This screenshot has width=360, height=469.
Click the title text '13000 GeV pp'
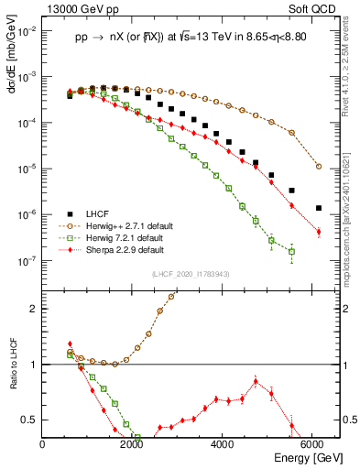[78, 9]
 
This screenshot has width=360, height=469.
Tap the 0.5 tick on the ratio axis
[33, 420]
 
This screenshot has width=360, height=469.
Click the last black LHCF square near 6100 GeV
[318, 208]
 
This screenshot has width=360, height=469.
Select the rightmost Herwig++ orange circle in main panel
[318, 167]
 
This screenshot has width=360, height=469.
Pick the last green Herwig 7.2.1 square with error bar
[291, 252]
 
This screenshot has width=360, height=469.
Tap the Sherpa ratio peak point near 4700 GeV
[256, 381]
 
